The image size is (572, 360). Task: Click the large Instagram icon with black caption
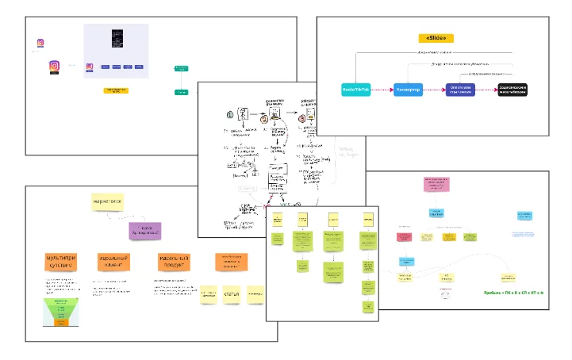pos(55,68)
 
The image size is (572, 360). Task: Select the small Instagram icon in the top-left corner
pos(40,44)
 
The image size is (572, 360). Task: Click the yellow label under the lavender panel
pos(116,90)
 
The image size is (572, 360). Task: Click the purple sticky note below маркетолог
pos(145,230)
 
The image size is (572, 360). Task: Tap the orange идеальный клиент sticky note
pos(116,262)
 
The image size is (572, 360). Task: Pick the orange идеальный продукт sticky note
pos(173,262)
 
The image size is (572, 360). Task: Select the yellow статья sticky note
pos(232,294)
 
